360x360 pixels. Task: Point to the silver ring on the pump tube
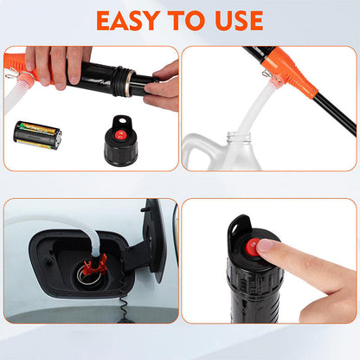(129, 83)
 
